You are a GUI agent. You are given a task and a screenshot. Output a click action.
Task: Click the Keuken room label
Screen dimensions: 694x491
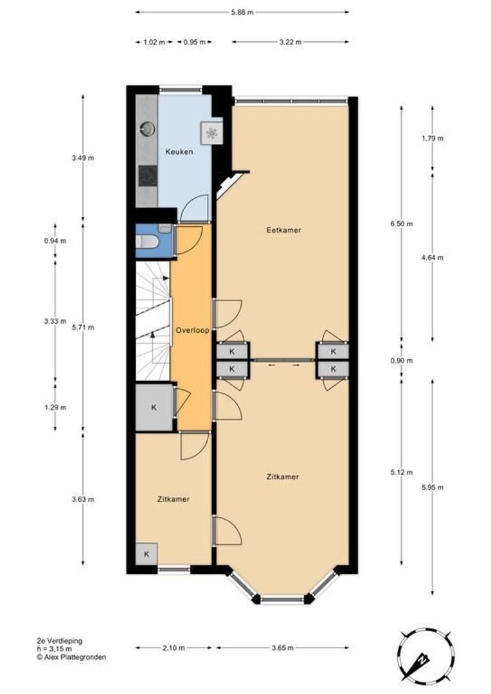[x=179, y=152]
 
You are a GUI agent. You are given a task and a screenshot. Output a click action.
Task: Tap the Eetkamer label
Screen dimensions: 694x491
[x=283, y=229]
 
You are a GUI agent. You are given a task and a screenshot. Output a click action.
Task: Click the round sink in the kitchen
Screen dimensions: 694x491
[x=148, y=129]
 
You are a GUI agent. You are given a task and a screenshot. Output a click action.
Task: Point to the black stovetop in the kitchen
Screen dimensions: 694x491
[x=148, y=175]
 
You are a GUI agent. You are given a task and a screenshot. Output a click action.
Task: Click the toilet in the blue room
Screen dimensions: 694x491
[x=146, y=242]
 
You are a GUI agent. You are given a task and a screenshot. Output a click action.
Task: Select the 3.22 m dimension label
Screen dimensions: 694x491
[x=290, y=42]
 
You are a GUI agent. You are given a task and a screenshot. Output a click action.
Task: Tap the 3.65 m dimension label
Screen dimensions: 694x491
[x=283, y=647]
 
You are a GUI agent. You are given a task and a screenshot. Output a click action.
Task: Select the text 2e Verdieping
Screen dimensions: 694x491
[x=59, y=641]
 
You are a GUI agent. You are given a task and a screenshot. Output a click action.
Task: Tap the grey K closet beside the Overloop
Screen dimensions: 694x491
[x=154, y=407]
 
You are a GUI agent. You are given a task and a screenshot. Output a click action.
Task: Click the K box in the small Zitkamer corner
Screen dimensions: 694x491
[x=146, y=554]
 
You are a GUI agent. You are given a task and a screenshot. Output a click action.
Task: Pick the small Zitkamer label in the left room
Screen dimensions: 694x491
[x=174, y=499]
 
